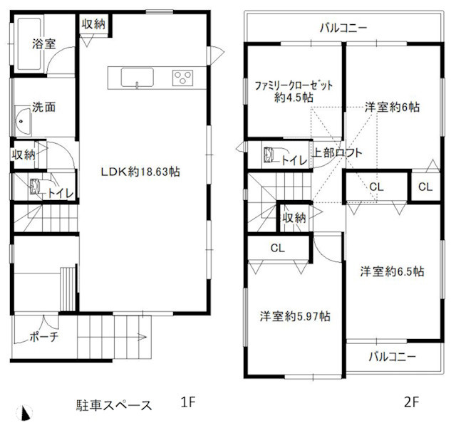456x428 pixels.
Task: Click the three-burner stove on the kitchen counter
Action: (182, 77)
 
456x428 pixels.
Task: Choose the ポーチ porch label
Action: (44, 337)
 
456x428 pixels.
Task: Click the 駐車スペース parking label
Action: (114, 405)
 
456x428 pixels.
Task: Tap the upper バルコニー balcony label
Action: (343, 29)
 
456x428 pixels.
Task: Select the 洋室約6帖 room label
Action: (392, 108)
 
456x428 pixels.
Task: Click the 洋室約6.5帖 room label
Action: (392, 271)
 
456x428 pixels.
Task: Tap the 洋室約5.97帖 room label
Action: (294, 315)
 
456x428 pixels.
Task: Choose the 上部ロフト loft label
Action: (338, 152)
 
